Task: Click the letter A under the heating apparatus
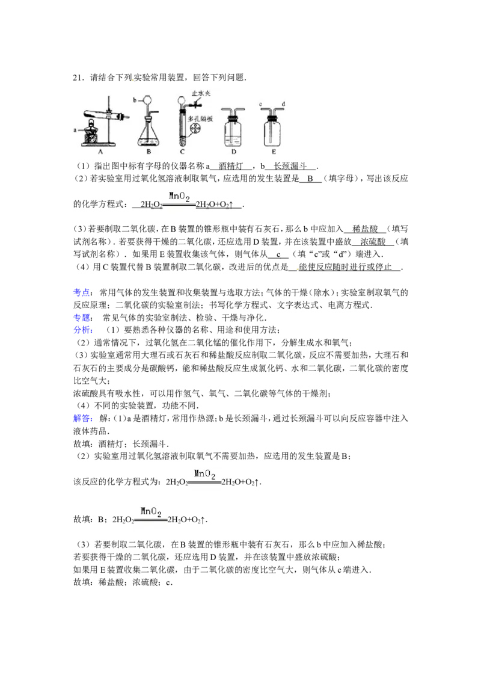100,153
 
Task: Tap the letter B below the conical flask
148,153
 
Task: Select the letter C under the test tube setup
182,153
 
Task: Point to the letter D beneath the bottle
233,153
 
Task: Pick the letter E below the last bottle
274,153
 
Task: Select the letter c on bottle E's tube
260,104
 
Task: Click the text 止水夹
200,93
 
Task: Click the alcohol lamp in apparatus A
92,133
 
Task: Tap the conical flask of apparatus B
148,135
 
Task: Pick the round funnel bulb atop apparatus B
146,100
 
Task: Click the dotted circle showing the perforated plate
197,130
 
